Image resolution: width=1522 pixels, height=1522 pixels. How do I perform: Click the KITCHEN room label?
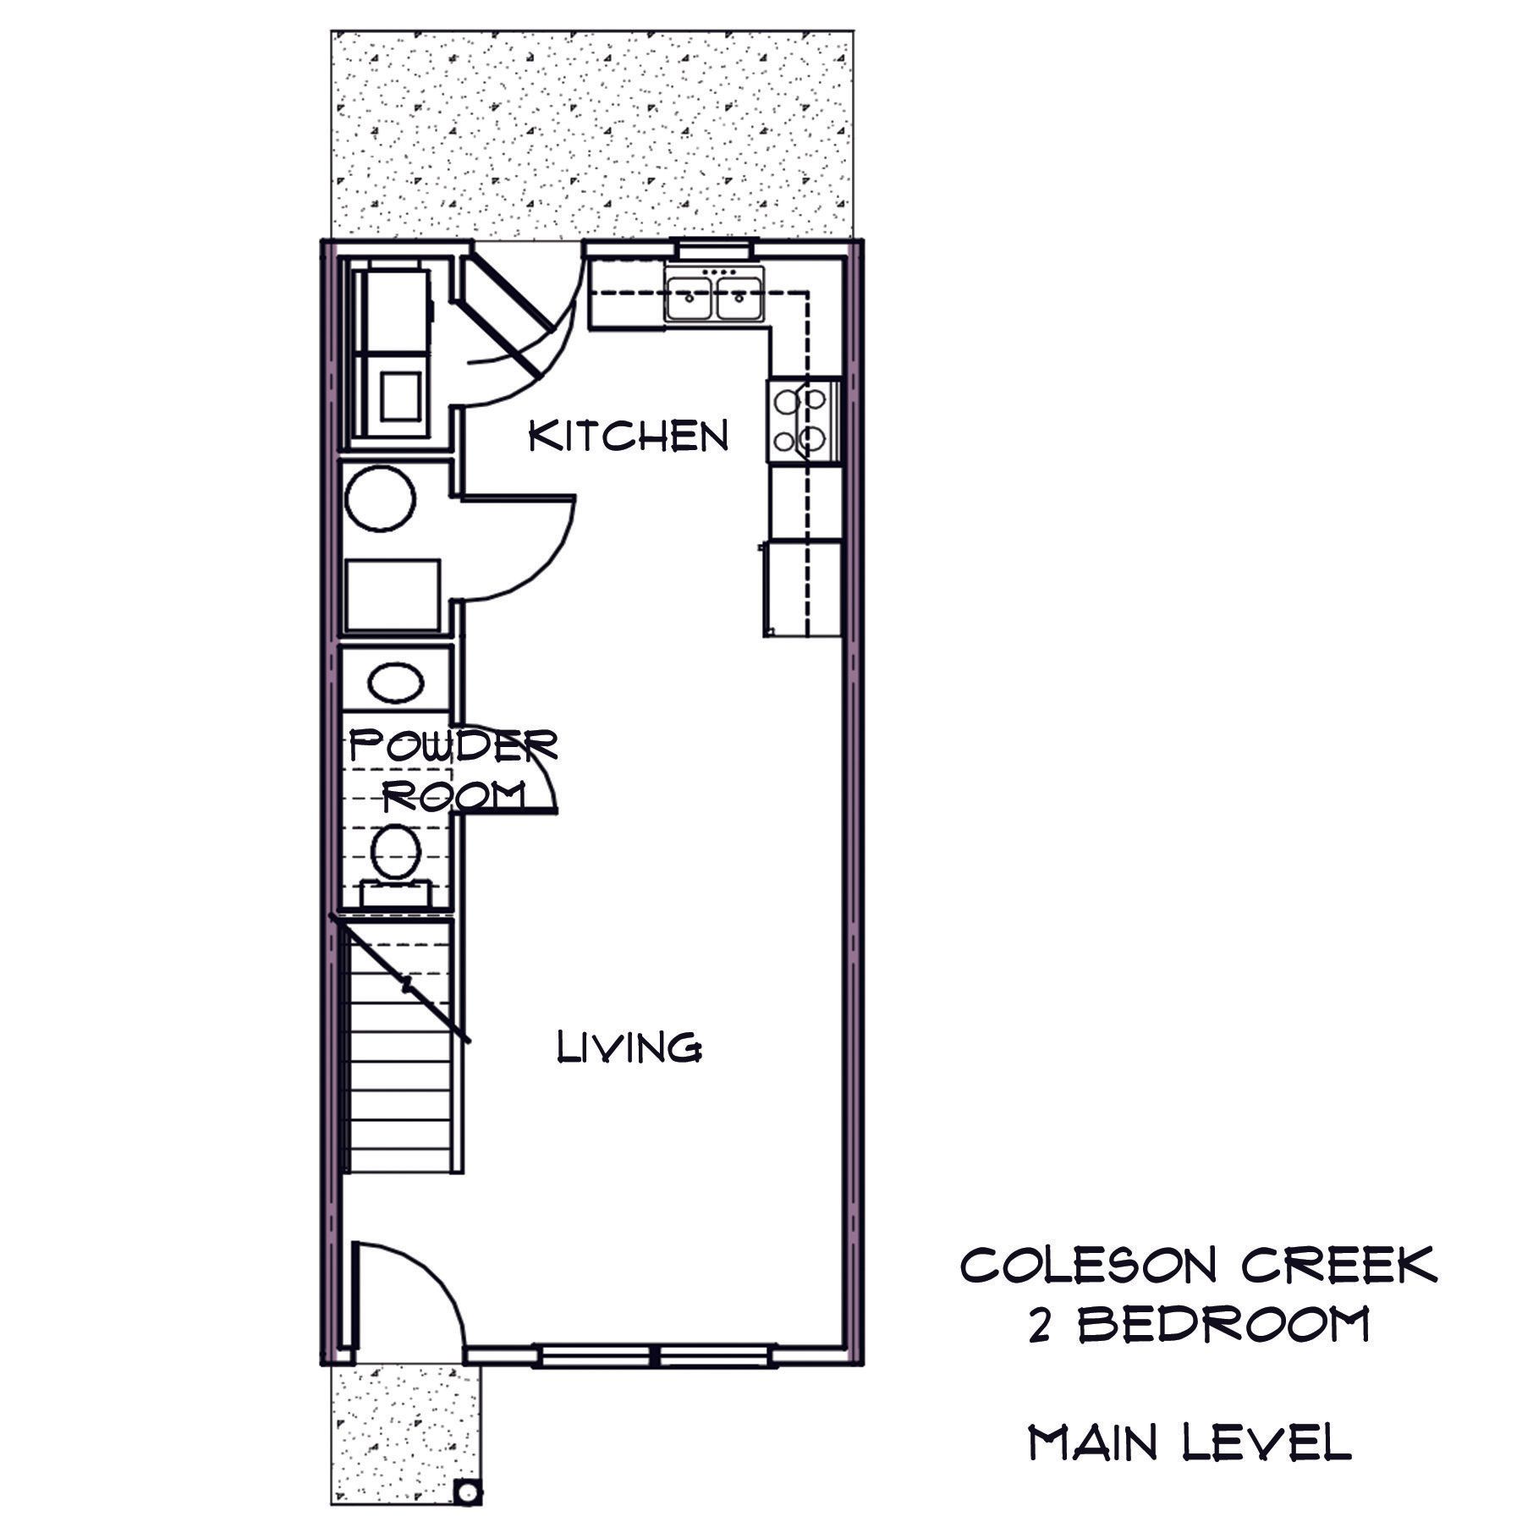click(628, 437)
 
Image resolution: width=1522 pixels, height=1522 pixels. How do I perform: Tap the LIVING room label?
click(629, 1047)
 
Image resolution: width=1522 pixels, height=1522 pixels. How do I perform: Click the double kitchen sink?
click(714, 294)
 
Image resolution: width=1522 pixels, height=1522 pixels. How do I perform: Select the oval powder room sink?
click(395, 682)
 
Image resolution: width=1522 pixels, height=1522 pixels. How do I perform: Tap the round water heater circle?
click(381, 499)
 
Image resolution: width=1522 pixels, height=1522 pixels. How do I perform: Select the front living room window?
click(657, 1355)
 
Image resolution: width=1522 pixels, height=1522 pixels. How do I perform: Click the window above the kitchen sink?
click(713, 248)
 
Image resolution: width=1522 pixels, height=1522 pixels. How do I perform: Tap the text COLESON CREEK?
click(1198, 1266)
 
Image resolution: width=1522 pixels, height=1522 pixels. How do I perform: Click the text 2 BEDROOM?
click(1198, 1325)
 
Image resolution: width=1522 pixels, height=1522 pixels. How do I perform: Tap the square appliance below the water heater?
click(393, 595)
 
